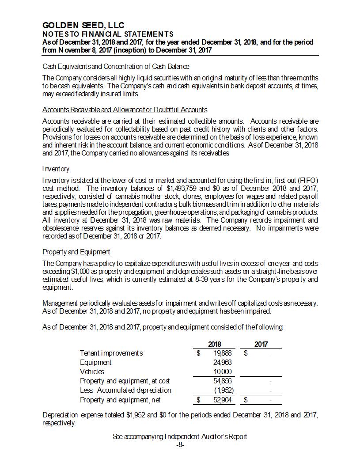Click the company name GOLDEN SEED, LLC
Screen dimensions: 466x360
click(83, 26)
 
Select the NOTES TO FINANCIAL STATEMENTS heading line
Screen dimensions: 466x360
click(108, 34)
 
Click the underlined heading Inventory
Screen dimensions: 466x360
click(56, 169)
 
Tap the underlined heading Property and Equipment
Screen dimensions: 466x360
click(76, 252)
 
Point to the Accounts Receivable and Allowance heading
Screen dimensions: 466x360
click(125, 110)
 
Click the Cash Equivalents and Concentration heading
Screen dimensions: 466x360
click(116, 66)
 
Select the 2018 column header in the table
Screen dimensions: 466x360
click(214, 344)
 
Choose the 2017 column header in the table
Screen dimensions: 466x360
click(261, 344)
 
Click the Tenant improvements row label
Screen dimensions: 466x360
click(111, 353)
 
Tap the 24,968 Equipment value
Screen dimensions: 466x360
click(223, 362)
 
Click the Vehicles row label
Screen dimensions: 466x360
click(92, 371)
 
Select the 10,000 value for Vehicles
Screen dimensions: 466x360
click(223, 371)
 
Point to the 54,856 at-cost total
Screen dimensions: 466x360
click(223, 381)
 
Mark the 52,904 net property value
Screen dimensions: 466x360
click(223, 400)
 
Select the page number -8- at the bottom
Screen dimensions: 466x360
click(180, 444)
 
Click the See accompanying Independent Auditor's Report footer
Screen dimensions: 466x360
click(180, 436)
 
